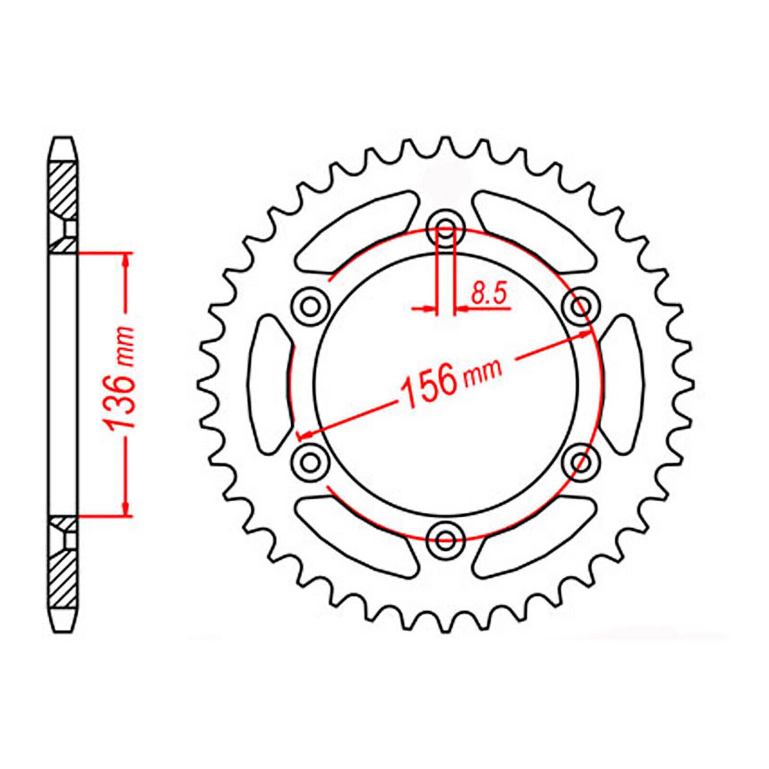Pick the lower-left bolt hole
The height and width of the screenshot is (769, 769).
[311, 462]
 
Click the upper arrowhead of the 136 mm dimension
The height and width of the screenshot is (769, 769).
[126, 260]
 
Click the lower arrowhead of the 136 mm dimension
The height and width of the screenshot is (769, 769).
[126, 509]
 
